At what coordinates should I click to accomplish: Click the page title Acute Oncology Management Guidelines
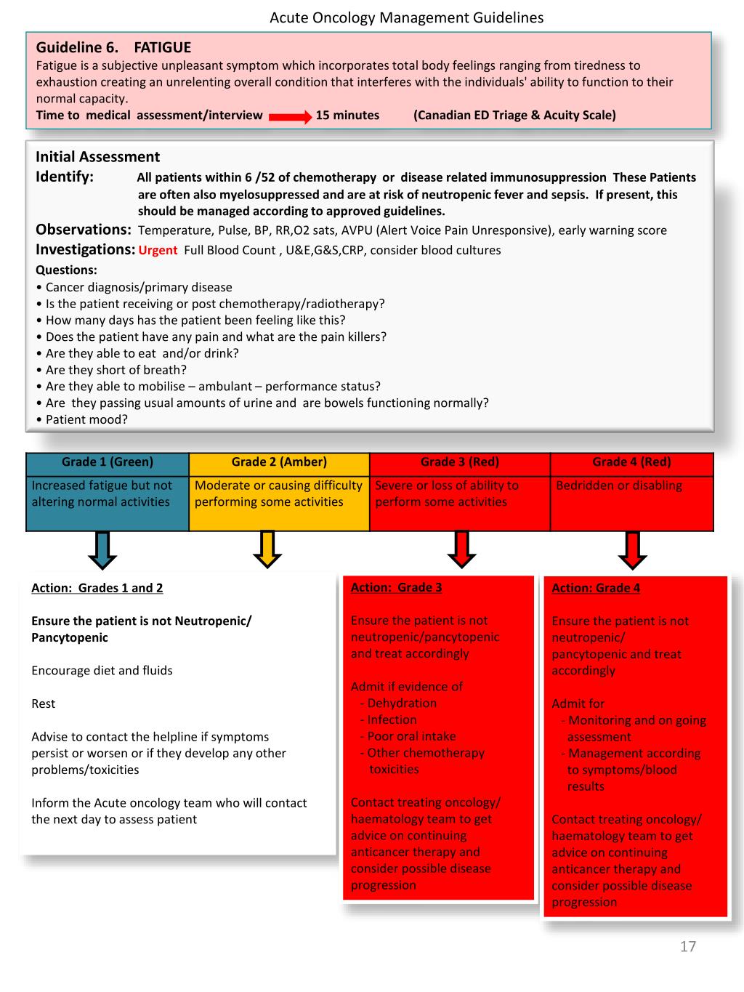pos(406,17)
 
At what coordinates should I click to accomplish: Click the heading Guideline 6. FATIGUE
pos(113,48)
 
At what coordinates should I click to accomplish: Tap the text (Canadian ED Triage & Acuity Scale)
pos(514,115)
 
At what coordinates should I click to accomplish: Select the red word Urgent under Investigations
pos(158,251)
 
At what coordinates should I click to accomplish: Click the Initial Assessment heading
pos(97,157)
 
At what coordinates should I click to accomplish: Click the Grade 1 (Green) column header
pos(108,462)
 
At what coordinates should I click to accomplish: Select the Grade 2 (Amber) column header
pos(279,462)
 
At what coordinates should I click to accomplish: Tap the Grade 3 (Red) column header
pos(459,462)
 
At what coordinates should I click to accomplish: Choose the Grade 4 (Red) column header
pos(631,462)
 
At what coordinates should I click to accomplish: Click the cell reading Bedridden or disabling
pos(618,485)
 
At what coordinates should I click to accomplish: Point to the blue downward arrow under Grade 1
pos(102,549)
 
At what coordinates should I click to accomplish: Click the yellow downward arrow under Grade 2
pos(267,549)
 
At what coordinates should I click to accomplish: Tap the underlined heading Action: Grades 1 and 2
pos(97,588)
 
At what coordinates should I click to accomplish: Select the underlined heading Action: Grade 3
pos(396,587)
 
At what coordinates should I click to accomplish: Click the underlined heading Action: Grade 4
pos(596,588)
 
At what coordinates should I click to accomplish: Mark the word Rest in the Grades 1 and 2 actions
pos(43,703)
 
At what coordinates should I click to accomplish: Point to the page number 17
pos(687,946)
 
